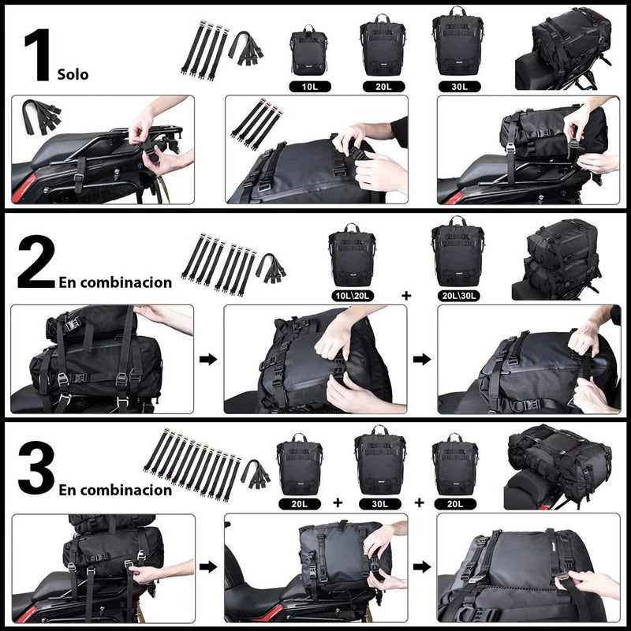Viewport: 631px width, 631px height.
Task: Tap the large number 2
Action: point(35,266)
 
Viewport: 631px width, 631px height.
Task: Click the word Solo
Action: point(73,76)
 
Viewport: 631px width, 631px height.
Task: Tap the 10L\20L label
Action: point(351,296)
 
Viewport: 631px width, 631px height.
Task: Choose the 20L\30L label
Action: point(457,296)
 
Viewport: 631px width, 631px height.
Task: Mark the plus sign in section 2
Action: point(406,296)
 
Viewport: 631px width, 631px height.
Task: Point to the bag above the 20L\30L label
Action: point(457,252)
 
